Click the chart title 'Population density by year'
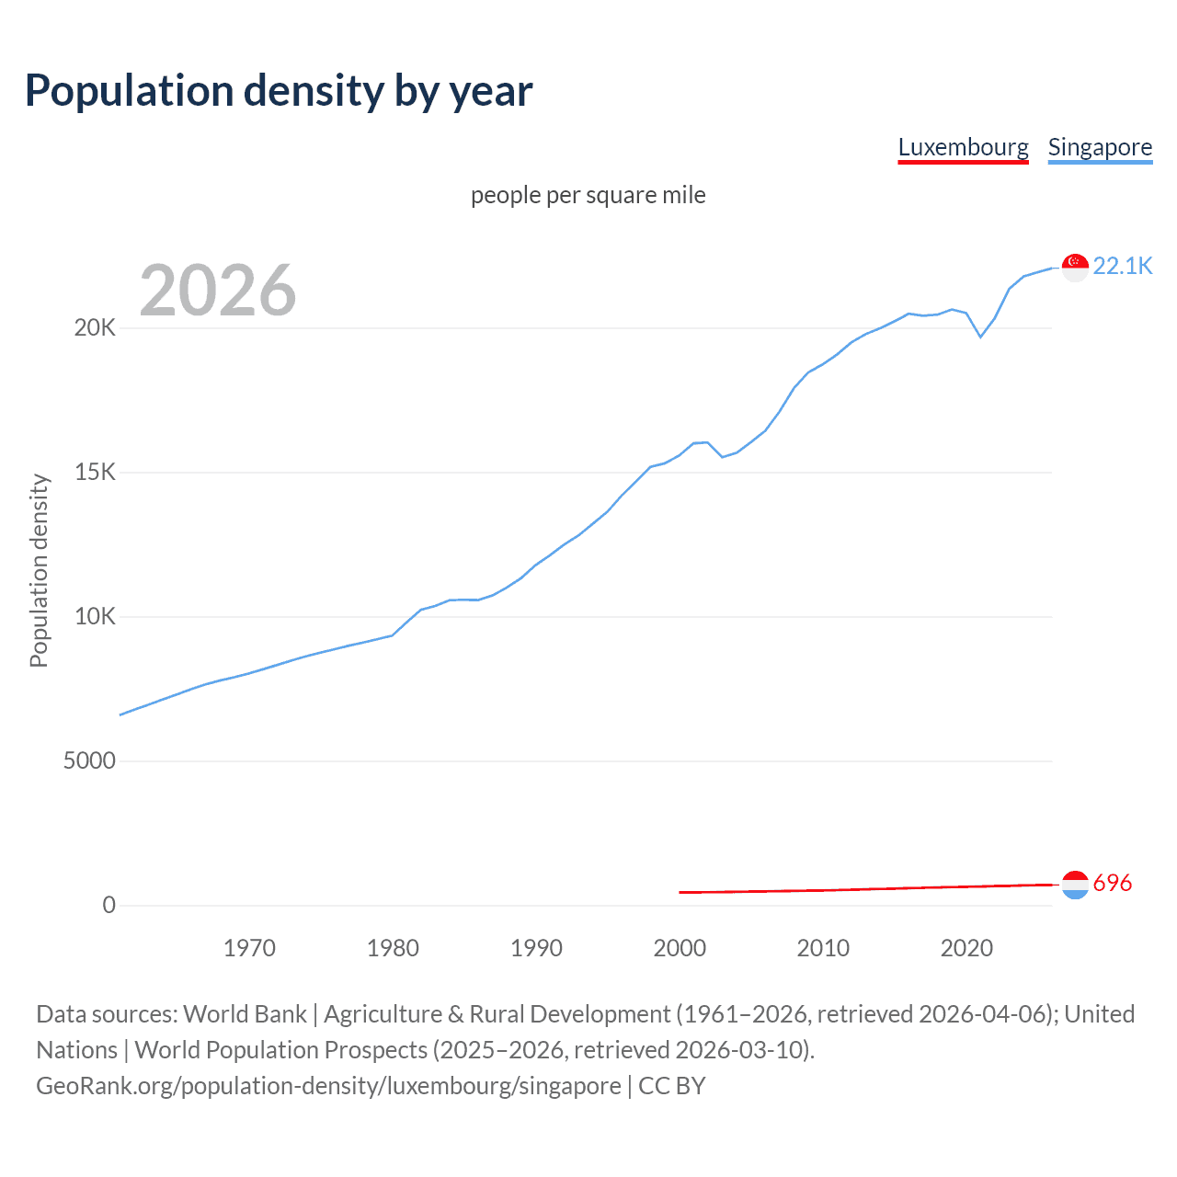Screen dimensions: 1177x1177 coord(279,91)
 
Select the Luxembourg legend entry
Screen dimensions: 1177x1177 coord(963,147)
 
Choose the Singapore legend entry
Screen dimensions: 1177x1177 coord(1100,147)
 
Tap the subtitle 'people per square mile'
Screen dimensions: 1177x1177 coord(588,195)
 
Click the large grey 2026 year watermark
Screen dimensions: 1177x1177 coord(218,291)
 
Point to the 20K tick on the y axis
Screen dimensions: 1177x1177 coord(95,328)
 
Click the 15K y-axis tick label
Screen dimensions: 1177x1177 coord(95,473)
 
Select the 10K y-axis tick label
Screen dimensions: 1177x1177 coord(95,617)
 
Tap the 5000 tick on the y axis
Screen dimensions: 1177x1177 coord(89,761)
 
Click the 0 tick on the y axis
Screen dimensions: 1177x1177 coord(109,906)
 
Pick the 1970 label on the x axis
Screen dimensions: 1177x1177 coord(249,948)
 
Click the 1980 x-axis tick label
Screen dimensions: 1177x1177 coord(393,948)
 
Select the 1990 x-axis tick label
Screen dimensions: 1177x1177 coord(536,948)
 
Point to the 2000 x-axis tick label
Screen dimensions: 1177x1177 coord(680,948)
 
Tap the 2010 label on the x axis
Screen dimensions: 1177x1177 coord(823,948)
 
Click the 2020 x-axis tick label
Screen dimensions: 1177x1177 coord(966,948)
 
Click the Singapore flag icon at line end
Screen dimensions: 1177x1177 coord(1075,267)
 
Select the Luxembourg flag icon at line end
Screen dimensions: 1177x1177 coord(1075,885)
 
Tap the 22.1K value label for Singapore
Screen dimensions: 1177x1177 coord(1123,266)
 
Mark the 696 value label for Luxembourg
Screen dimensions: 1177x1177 coord(1113,884)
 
